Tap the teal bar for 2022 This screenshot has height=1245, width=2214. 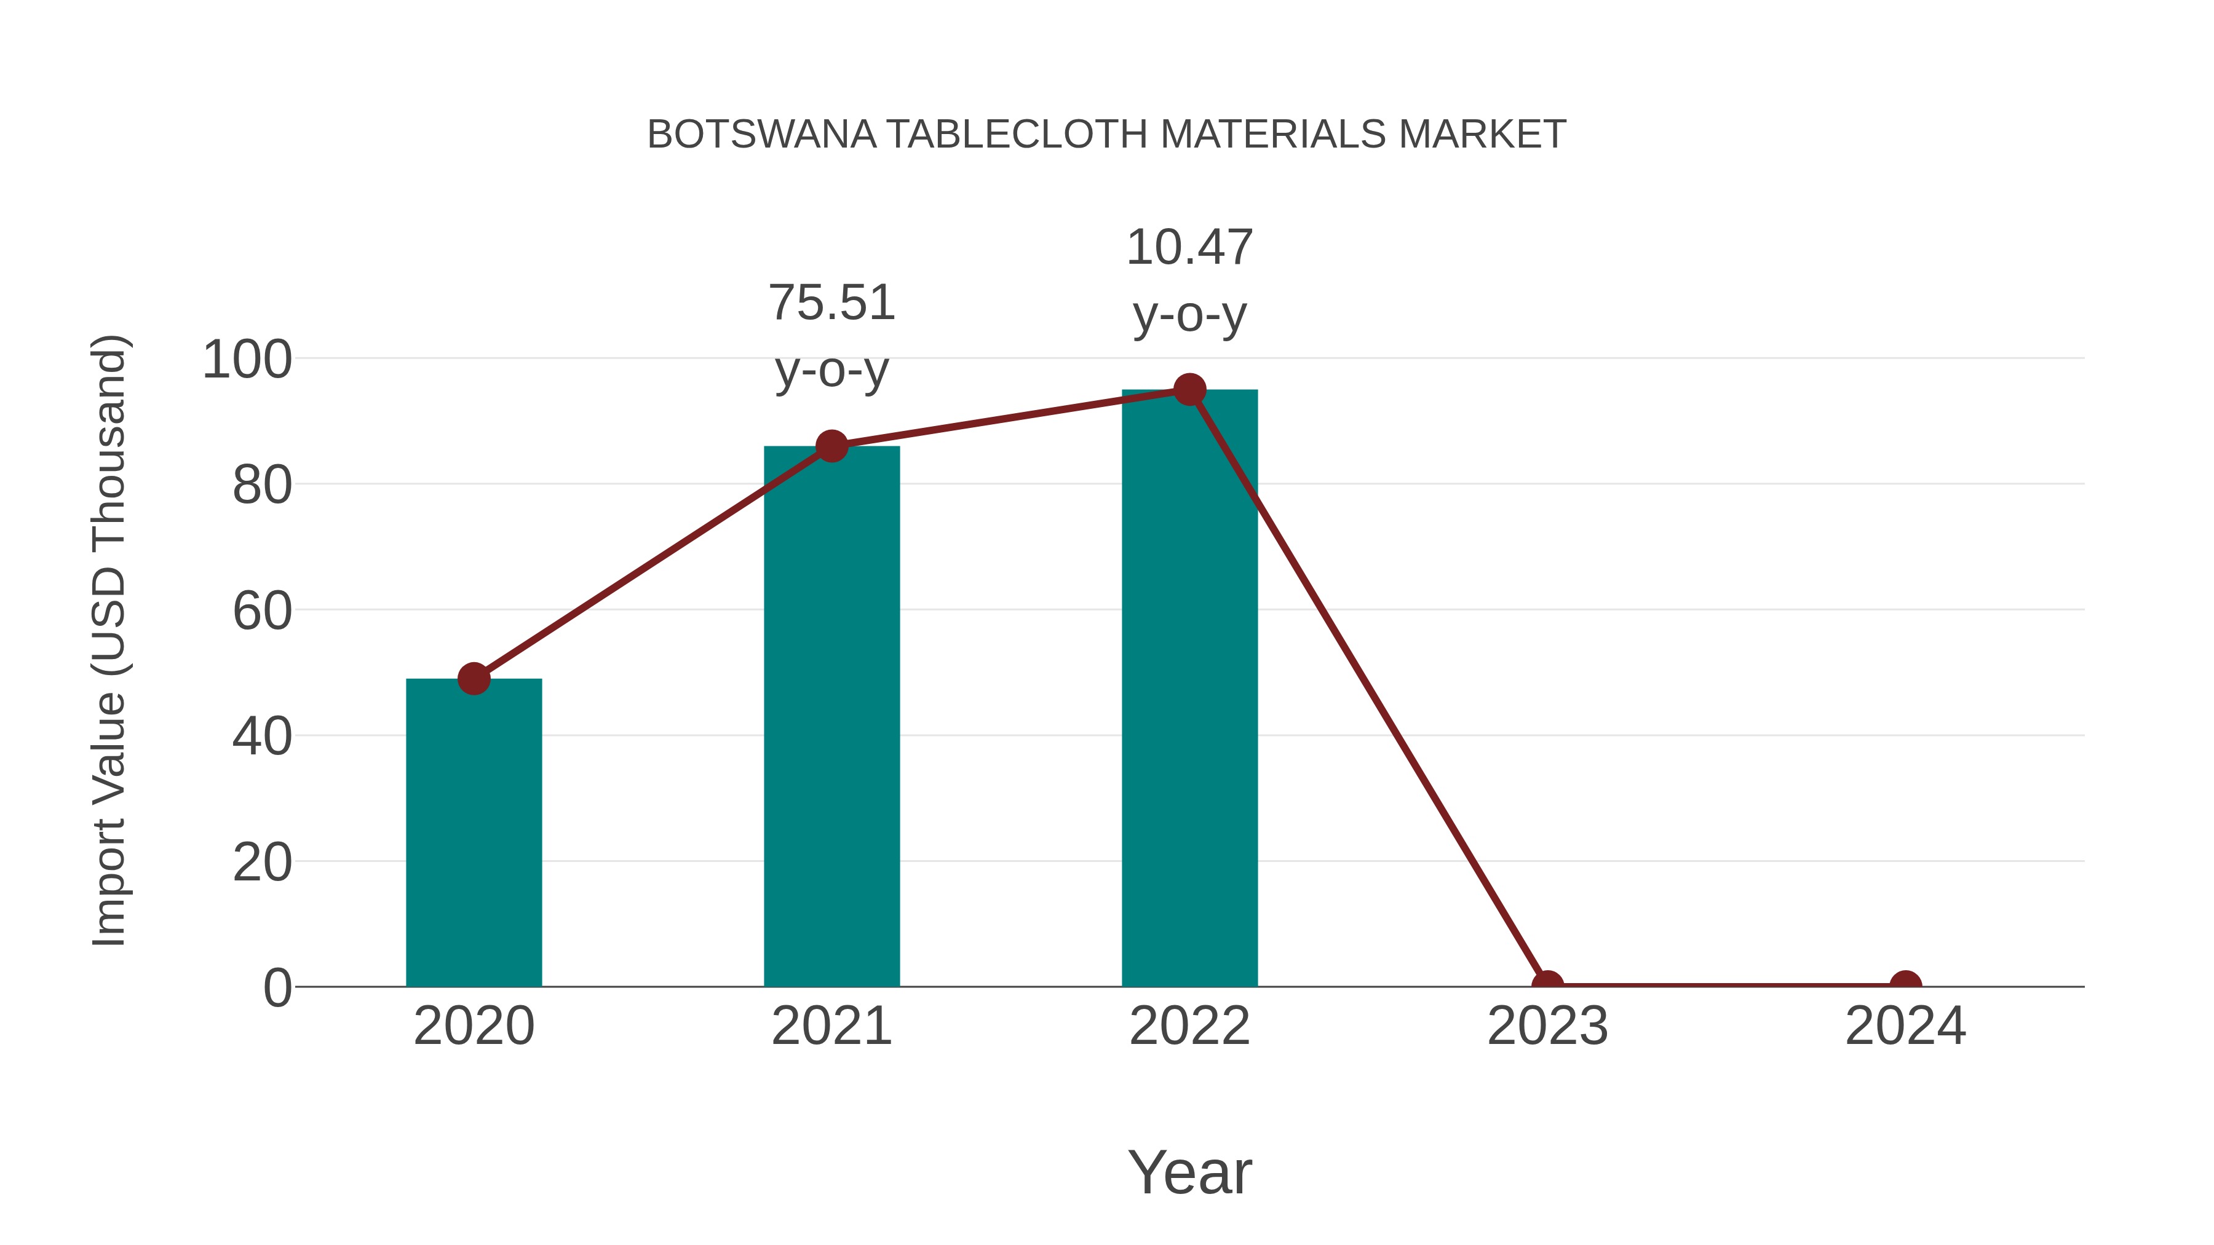click(x=1189, y=687)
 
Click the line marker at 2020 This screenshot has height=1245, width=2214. click(x=474, y=679)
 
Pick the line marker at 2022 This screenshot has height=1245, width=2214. click(x=1189, y=390)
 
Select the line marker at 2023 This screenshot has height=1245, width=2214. click(x=1547, y=985)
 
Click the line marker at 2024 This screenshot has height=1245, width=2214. click(x=1905, y=985)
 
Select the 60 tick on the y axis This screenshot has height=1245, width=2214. click(x=261, y=611)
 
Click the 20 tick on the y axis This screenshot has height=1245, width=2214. click(x=261, y=862)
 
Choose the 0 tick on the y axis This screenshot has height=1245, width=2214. click(x=277, y=987)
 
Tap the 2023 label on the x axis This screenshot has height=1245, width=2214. click(x=1547, y=1026)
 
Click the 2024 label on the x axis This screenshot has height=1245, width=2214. click(x=1905, y=1026)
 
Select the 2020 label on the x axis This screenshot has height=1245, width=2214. click(x=474, y=1026)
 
